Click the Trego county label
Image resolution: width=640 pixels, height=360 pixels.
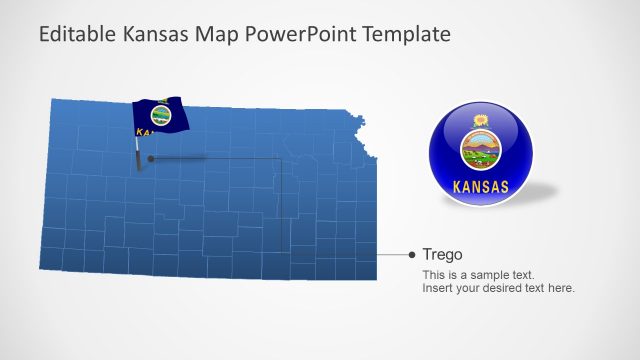442,254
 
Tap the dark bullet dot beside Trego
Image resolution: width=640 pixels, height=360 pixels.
412,255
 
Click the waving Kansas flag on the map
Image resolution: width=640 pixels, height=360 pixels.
160,116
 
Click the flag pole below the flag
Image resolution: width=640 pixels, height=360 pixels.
138,155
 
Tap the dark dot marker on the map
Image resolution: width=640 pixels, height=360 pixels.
150,158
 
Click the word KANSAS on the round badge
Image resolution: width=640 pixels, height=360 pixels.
481,186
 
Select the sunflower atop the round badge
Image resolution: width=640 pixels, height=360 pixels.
480,122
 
